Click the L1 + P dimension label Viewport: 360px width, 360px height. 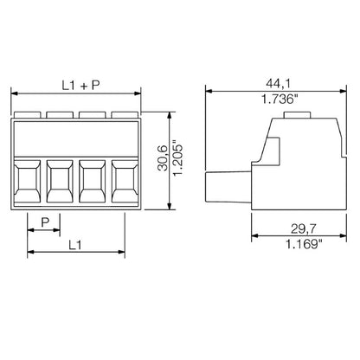tap(81, 85)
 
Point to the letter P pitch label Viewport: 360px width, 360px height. tap(44, 222)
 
